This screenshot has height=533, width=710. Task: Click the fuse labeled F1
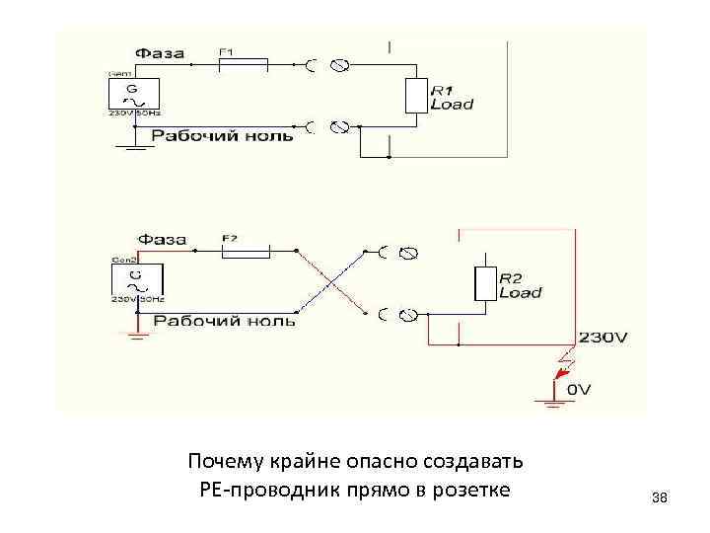[242, 65]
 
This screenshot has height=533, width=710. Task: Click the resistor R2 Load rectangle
[484, 283]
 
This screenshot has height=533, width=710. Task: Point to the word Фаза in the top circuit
[159, 52]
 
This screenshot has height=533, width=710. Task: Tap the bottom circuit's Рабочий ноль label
[224, 322]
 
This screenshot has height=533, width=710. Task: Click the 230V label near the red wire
[603, 337]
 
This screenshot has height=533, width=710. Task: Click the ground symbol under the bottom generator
[137, 334]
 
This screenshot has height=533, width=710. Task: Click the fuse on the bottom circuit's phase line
[244, 252]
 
